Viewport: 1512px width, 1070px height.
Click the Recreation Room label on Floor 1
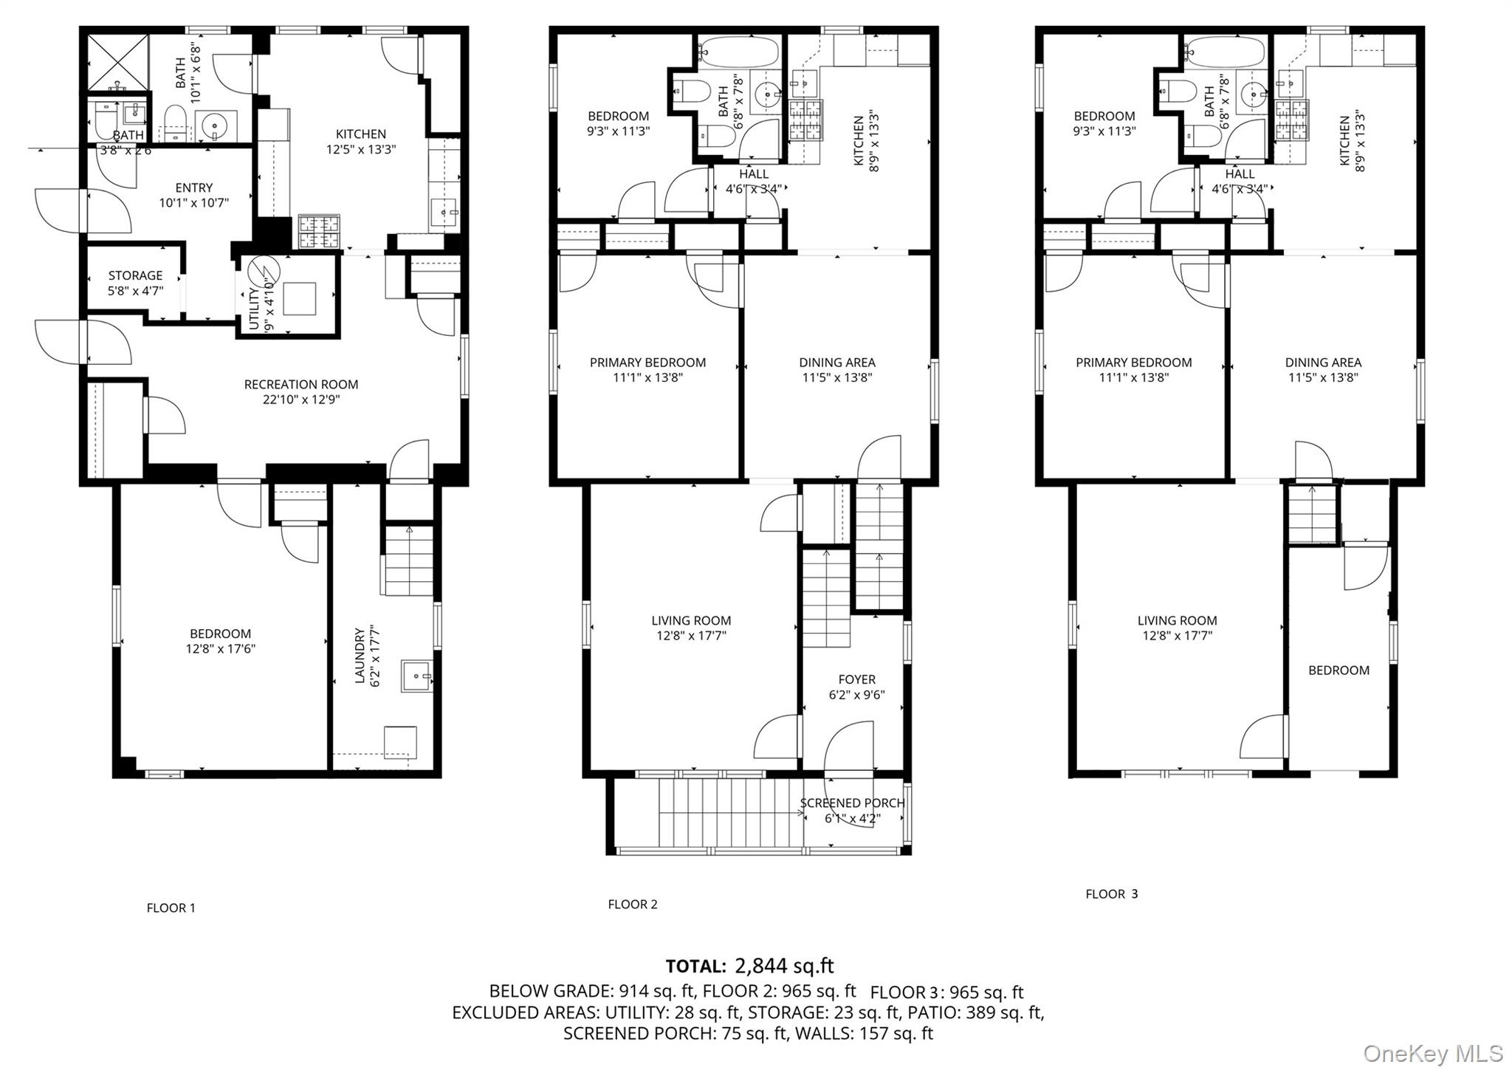pos(301,385)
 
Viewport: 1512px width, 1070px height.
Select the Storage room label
pos(135,275)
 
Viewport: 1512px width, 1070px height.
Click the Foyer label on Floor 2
pos(856,679)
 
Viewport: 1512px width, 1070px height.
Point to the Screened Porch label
pos(852,803)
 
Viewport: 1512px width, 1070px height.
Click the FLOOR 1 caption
pos(171,908)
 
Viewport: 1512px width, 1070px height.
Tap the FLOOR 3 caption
pos(1111,894)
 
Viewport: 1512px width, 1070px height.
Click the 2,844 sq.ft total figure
pos(783,966)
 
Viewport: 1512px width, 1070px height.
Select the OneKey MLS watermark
pos(1432,1053)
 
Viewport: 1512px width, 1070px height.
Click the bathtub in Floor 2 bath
pos(739,52)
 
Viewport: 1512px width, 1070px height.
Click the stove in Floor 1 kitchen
pos(320,231)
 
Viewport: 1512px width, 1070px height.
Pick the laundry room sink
pos(418,676)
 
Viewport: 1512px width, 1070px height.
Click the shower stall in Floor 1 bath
pos(118,61)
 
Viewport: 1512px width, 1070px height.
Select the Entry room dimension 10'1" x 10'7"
pos(193,203)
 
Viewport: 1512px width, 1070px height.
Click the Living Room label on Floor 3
pos(1177,621)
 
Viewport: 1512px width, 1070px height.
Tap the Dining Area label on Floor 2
pos(836,363)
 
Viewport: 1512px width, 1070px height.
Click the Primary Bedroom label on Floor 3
pos(1133,363)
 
